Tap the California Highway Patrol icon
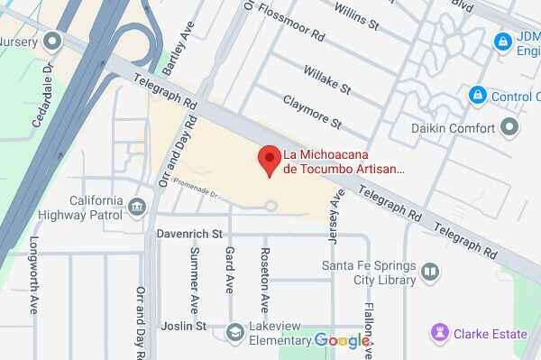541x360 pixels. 137,208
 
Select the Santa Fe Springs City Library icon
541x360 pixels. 431,272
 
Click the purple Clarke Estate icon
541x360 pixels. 439,334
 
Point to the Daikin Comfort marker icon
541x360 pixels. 510,128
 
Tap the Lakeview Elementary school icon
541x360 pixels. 235,332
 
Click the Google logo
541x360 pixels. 342,340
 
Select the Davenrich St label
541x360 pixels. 189,234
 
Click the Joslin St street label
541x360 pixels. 183,325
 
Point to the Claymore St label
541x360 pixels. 312,111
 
